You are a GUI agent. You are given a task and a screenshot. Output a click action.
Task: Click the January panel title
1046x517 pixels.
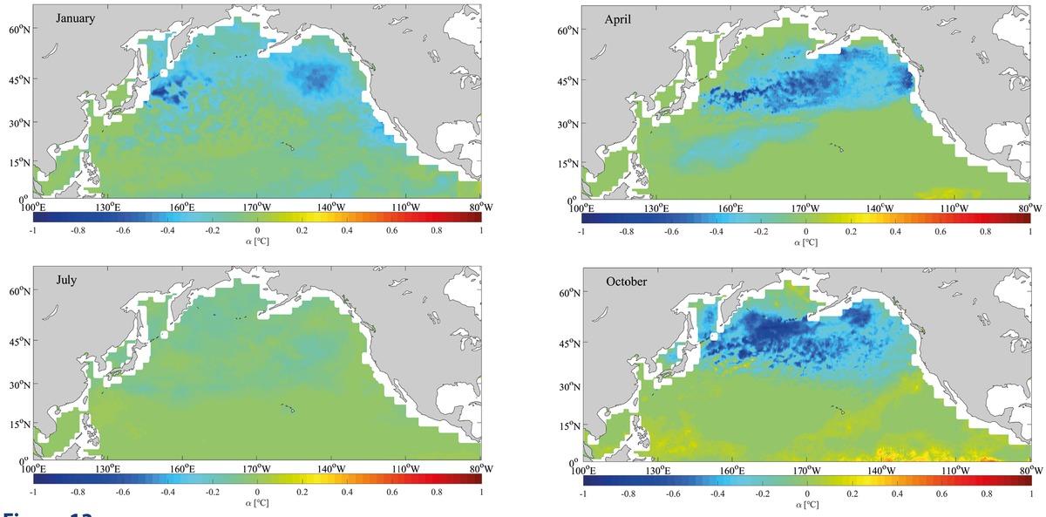[76, 18]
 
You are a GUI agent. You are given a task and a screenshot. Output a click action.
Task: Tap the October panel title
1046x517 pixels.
[627, 281]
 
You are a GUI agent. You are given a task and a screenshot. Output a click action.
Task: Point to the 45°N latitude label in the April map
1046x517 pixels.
[568, 83]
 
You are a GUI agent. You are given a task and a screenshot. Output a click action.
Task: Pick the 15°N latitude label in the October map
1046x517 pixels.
[568, 425]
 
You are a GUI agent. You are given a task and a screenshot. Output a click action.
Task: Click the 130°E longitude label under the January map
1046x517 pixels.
[108, 207]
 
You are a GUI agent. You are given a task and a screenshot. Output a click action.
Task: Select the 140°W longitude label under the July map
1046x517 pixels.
[332, 469]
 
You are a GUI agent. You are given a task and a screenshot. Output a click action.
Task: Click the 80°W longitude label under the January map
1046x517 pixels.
[480, 207]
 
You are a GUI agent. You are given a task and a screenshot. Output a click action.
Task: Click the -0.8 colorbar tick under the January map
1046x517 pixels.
[78, 231]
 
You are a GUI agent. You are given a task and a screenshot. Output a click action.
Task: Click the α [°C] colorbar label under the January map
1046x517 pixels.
[256, 241]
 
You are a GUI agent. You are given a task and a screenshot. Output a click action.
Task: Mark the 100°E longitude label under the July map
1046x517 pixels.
[33, 469]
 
